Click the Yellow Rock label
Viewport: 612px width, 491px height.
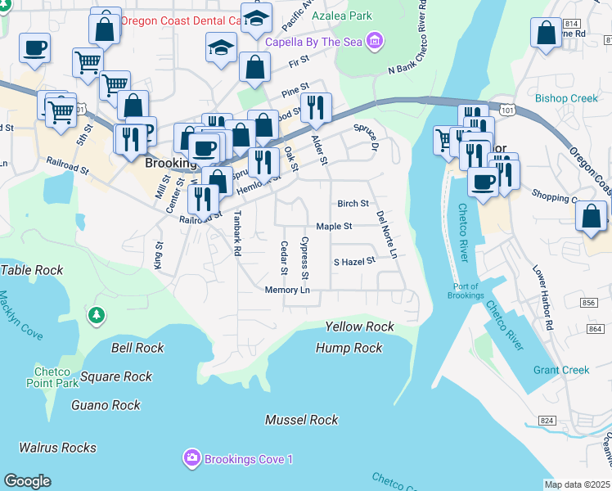[x=359, y=327]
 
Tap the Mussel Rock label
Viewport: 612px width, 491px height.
[x=301, y=420]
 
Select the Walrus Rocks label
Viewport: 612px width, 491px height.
[x=58, y=448]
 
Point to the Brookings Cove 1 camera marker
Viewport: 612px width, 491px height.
[x=191, y=458]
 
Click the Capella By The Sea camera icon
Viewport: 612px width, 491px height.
[x=375, y=39]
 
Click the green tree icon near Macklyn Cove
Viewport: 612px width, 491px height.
[x=97, y=315]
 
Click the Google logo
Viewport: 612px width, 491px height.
[x=27, y=481]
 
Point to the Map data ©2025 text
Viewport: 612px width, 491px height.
[x=577, y=484]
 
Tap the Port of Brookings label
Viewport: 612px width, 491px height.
[x=467, y=291]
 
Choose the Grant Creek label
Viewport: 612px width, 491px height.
[x=561, y=370]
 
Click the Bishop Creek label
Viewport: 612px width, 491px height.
[x=567, y=99]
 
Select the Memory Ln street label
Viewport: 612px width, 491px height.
[x=287, y=291]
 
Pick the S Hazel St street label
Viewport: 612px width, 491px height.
[x=353, y=262]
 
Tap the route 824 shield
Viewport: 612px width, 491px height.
[x=548, y=421]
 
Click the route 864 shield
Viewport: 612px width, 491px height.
[x=596, y=328]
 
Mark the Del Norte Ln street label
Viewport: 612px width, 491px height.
[x=386, y=234]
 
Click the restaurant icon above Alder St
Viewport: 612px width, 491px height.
[x=316, y=107]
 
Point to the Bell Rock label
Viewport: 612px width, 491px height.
[x=137, y=348]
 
